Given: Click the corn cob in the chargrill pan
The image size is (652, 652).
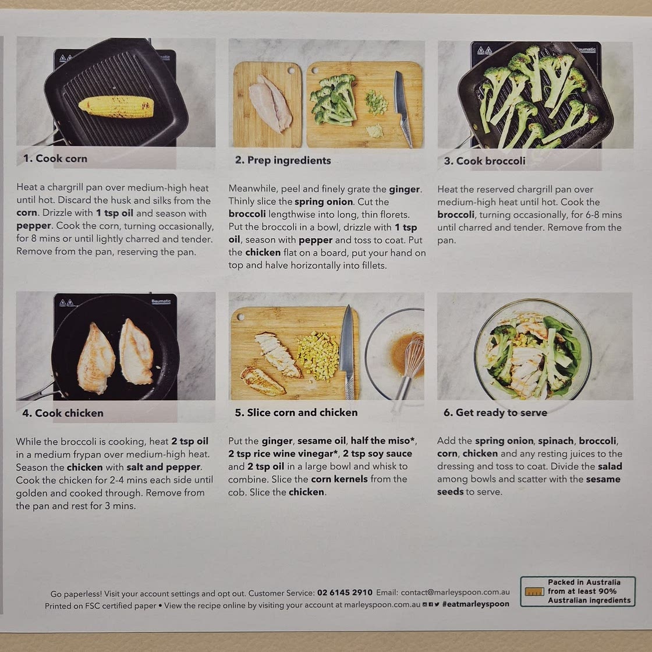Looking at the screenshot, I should click(x=116, y=107).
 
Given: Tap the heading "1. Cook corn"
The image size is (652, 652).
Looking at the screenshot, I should click(x=55, y=158).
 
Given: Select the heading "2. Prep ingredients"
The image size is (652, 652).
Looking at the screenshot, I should click(x=283, y=160).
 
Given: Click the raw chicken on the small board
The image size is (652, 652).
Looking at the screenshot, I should click(x=270, y=103).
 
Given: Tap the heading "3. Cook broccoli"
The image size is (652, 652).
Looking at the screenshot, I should click(x=484, y=161).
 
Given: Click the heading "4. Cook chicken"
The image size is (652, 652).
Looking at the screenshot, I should click(x=63, y=413).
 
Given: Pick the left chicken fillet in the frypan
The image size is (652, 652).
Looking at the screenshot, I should click(x=95, y=358).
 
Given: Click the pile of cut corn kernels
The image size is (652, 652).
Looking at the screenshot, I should click(x=318, y=355).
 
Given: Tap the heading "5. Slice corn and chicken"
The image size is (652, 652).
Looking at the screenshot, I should click(x=296, y=412).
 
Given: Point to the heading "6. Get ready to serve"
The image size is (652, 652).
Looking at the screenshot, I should click(x=495, y=412).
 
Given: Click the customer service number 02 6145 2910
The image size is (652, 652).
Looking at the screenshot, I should click(x=345, y=593).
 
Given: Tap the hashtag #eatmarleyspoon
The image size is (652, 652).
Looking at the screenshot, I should click(x=476, y=604).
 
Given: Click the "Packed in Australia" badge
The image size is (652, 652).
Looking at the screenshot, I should click(x=577, y=591).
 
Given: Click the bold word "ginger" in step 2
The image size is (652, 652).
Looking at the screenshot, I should click(x=404, y=189).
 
